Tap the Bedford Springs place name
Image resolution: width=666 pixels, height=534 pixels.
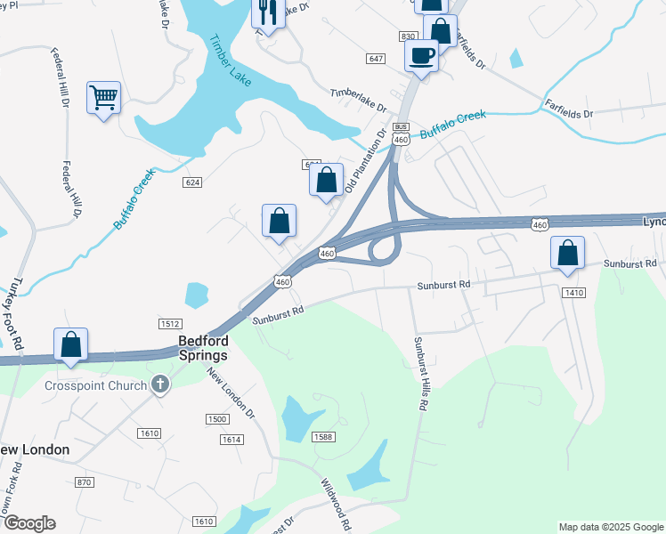coord(203,347)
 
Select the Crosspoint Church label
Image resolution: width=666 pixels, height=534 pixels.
coord(96,385)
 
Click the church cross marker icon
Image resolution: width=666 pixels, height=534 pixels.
coord(160,384)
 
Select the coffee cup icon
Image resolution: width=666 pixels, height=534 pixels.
coord(421,55)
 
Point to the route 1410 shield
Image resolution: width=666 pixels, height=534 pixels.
coord(573,292)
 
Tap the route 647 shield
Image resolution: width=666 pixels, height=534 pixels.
coord(375,58)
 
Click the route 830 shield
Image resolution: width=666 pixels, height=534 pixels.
coord(409,36)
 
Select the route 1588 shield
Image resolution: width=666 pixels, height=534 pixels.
coord(322,436)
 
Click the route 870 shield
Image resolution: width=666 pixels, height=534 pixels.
coord(84,481)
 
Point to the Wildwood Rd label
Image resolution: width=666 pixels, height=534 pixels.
coord(337,501)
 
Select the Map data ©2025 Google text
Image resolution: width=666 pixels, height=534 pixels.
coord(610,527)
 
